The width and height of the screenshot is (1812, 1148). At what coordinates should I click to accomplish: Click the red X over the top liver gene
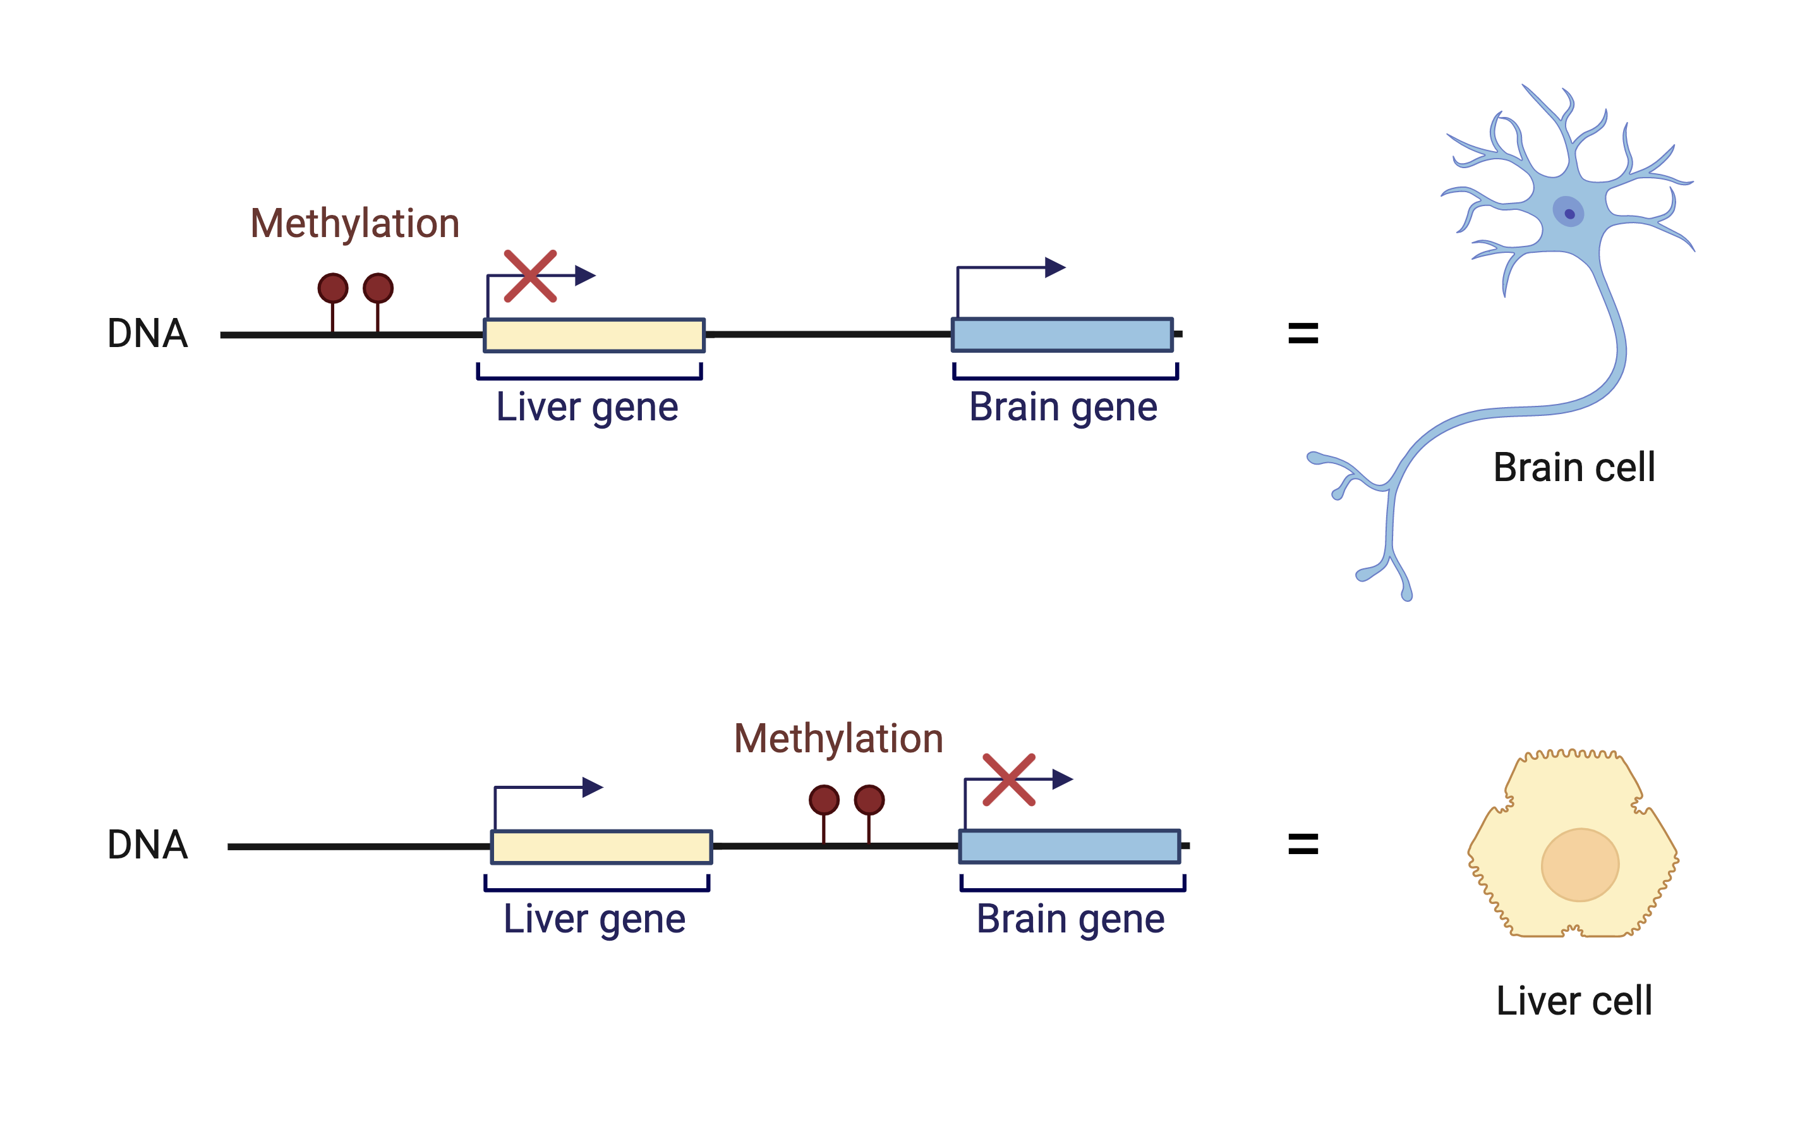click(531, 276)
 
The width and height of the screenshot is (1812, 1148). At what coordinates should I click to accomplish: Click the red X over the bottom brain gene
click(1009, 780)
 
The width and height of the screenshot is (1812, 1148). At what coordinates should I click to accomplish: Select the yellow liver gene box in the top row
click(594, 336)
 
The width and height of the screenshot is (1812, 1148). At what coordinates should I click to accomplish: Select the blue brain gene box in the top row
click(1062, 335)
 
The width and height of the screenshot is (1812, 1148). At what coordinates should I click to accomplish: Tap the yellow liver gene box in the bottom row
click(601, 847)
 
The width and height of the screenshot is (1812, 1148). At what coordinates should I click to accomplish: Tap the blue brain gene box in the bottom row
click(1069, 846)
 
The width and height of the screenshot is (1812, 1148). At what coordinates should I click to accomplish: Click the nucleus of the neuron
click(1568, 212)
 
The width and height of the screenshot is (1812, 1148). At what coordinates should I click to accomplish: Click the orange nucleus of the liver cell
click(1579, 865)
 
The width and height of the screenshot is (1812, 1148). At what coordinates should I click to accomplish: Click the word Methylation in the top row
click(354, 224)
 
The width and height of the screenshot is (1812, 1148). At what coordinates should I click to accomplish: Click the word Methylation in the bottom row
click(838, 738)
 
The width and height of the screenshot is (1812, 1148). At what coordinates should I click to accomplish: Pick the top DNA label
click(147, 334)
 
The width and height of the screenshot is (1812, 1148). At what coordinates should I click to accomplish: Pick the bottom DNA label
click(147, 845)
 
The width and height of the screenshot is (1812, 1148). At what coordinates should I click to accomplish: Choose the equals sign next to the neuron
click(1303, 333)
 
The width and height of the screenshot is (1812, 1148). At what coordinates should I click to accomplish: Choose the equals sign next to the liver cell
click(1303, 844)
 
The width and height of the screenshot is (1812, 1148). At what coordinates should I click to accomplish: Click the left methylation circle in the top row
click(332, 288)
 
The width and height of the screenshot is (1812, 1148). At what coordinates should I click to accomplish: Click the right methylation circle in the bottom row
click(869, 800)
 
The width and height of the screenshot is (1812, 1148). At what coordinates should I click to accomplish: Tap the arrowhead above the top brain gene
click(1055, 267)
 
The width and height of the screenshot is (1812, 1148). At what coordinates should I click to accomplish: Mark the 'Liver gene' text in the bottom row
click(595, 919)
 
